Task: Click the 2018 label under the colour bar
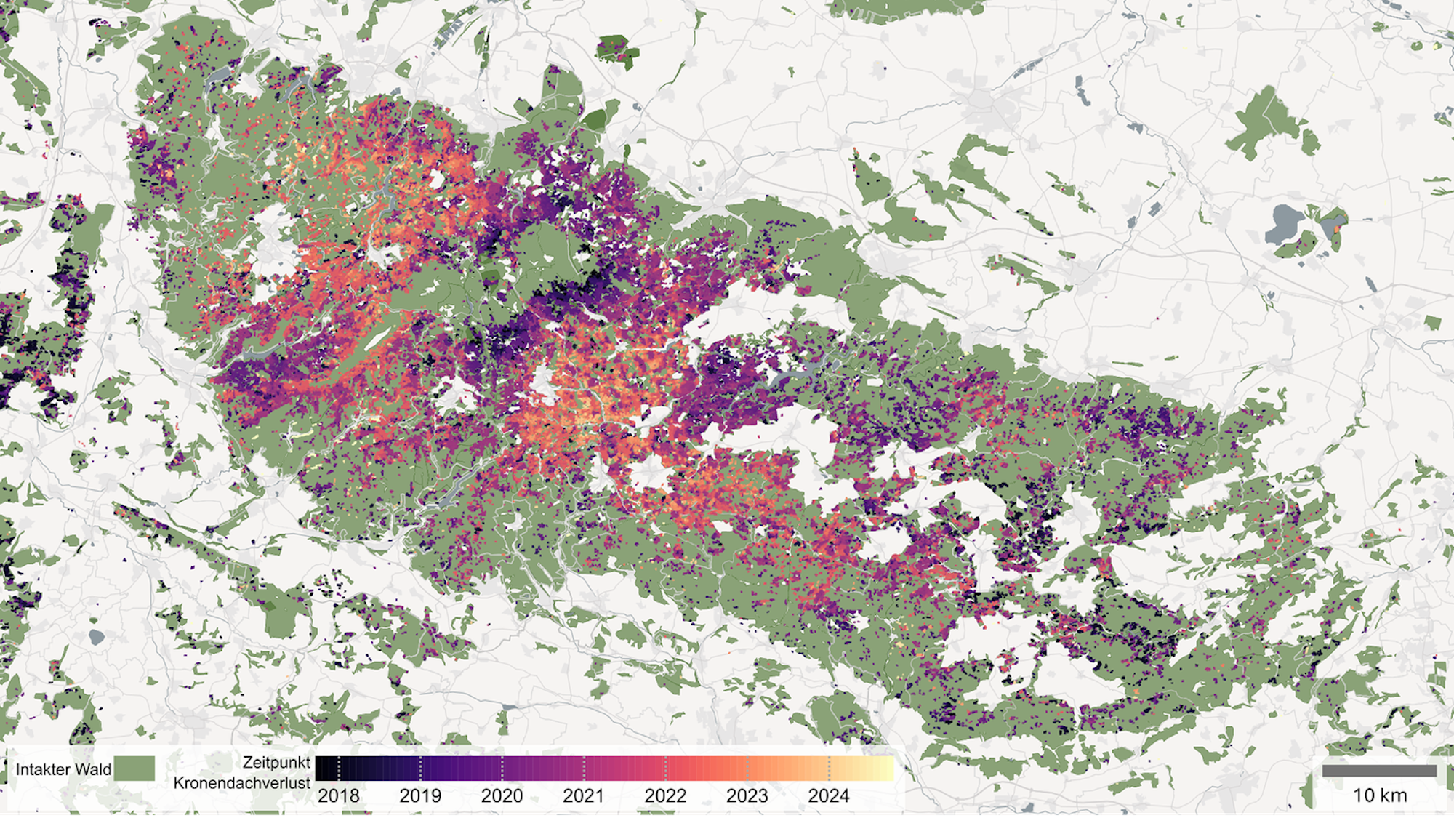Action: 338,795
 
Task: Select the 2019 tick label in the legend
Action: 420,795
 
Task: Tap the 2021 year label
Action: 583,795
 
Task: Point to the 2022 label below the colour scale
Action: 665,795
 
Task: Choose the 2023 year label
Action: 747,795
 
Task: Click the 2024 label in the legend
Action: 828,795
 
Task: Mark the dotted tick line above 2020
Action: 502,769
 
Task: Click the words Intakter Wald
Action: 63,769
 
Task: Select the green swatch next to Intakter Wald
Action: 135,769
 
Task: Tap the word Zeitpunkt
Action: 276,763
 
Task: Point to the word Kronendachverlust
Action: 241,783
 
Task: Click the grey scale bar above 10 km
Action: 1379,771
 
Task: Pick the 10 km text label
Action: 1379,795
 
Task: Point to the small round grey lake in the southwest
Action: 97,638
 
